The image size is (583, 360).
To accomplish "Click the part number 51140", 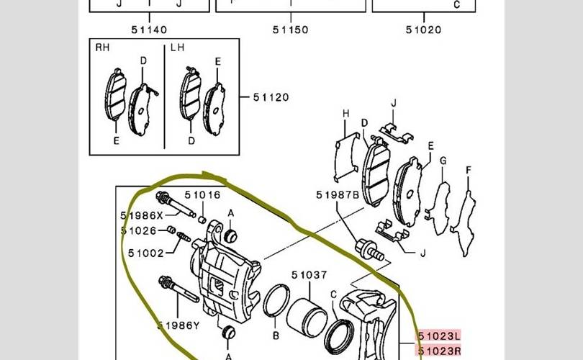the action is click(149, 30).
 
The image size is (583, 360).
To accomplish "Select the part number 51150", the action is click(290, 30).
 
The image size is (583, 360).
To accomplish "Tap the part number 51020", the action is click(423, 30).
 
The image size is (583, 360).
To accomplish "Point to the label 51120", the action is click(271, 97).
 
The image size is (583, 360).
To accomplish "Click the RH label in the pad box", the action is click(102, 48).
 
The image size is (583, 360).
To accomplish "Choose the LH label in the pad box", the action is click(177, 48).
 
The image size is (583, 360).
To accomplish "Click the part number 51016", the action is click(203, 195).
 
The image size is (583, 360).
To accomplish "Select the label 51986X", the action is click(142, 216).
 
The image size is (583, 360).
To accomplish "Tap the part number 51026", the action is click(139, 231).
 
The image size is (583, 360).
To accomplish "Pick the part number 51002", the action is click(145, 253).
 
